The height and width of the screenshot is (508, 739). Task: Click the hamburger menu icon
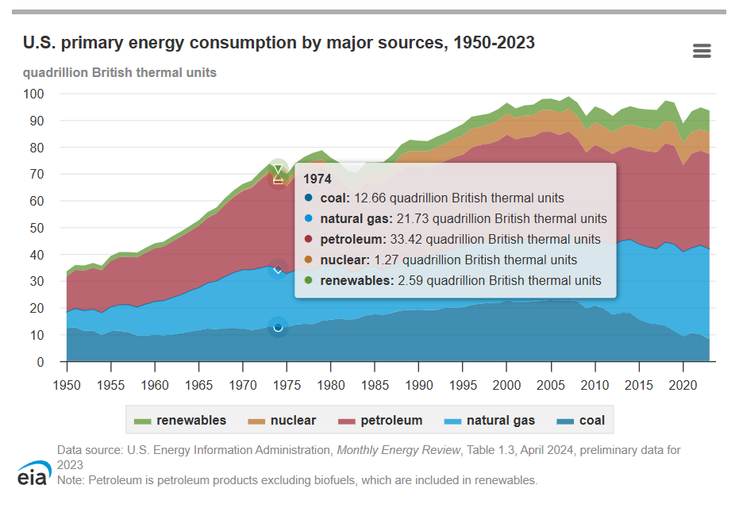click(702, 52)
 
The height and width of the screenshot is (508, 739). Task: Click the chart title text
click(279, 43)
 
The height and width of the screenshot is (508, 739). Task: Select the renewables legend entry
click(181, 421)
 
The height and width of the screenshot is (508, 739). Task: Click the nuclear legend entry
click(283, 421)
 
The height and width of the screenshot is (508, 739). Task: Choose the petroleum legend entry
click(381, 421)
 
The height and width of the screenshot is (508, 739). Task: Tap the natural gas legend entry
click(490, 421)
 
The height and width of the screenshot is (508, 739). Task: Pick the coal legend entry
click(581, 421)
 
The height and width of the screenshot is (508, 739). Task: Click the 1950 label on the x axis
click(67, 385)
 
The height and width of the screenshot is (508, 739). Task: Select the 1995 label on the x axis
click(463, 385)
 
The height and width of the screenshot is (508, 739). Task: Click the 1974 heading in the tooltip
click(318, 179)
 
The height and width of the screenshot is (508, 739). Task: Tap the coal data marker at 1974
click(278, 327)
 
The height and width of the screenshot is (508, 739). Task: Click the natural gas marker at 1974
click(278, 270)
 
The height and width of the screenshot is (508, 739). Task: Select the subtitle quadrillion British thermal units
click(120, 72)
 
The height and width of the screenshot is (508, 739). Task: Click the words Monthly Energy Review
click(398, 450)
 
